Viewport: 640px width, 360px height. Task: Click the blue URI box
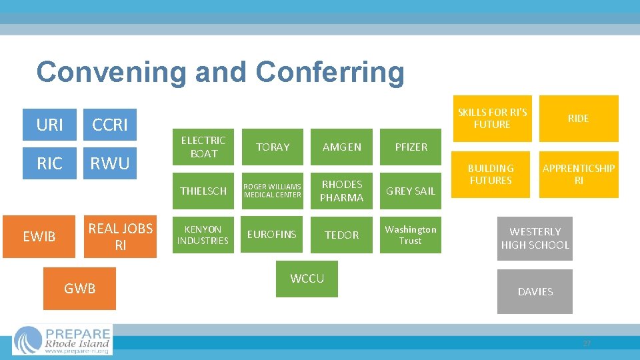50,125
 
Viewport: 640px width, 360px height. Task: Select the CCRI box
110,125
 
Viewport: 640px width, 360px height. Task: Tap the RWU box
110,163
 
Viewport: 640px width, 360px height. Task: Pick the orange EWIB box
39,236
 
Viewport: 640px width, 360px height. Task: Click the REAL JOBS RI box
120,236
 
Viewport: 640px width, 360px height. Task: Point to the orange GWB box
79,289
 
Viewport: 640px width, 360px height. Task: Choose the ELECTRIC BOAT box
203,147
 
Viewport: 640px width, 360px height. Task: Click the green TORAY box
273,147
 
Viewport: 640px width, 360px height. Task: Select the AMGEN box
341,147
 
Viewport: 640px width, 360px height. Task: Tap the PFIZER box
411,147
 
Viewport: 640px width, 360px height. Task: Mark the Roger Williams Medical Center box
273,191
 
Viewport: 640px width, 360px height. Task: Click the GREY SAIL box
411,191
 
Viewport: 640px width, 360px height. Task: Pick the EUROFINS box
273,235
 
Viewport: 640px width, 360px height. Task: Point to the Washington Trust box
411,235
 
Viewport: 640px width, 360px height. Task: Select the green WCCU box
307,279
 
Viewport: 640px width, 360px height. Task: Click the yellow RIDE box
578,119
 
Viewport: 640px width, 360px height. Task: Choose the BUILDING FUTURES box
491,175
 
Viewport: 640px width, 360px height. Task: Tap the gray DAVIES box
535,291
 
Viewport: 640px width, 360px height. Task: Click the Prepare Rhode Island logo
63,340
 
